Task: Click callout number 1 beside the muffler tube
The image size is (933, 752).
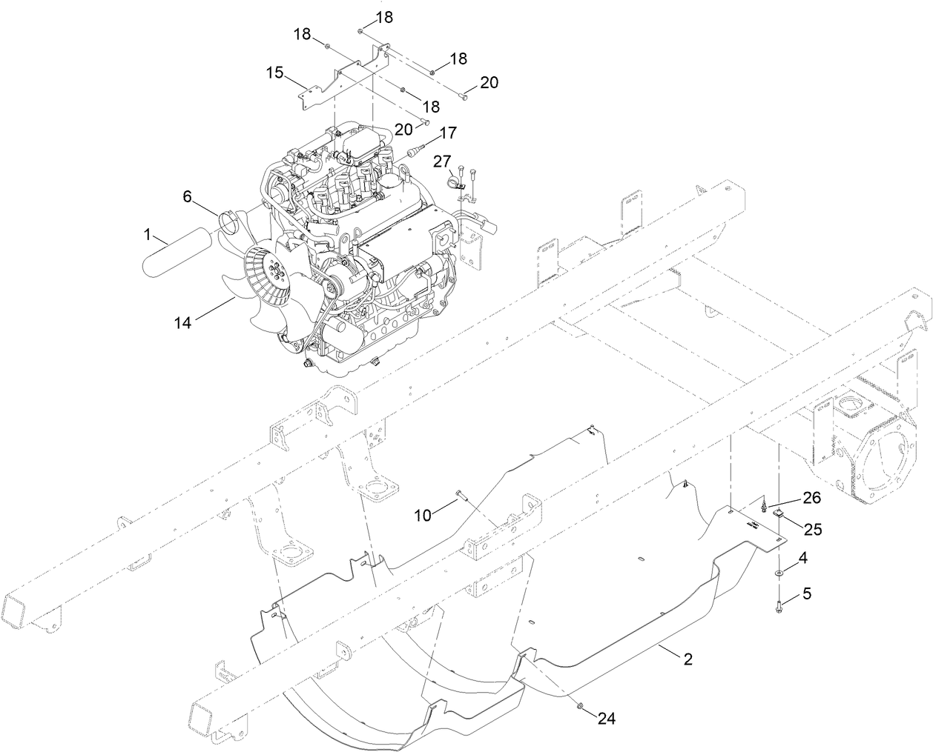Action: pos(147,235)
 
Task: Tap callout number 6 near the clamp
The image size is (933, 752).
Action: pos(188,196)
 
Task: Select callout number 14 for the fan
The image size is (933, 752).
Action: pos(183,322)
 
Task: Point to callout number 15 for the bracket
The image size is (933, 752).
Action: pos(275,73)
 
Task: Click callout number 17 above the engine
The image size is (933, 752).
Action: pos(447,133)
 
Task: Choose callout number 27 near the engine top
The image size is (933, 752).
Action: pos(442,161)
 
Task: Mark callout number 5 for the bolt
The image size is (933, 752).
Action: pos(807,593)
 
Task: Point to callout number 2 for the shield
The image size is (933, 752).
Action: pos(688,659)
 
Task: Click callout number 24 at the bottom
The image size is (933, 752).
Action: pos(607,718)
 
